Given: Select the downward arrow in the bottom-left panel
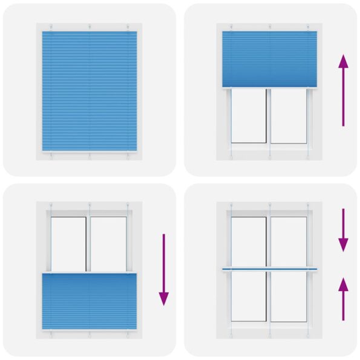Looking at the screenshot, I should pyautogui.click(x=163, y=269).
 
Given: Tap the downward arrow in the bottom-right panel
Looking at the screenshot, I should pyautogui.click(x=343, y=229).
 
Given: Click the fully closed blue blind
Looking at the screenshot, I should pyautogui.click(x=90, y=91).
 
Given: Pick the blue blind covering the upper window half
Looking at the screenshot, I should pyautogui.click(x=270, y=59).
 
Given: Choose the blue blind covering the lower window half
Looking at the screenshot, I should pyautogui.click(x=90, y=301).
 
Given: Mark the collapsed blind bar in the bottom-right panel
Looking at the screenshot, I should pyautogui.click(x=270, y=268).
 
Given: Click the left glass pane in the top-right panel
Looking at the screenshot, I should pyautogui.click(x=249, y=116).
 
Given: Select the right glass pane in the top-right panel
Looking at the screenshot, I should pyautogui.click(x=289, y=116).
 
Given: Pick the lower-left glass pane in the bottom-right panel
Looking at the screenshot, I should pyautogui.click(x=249, y=296).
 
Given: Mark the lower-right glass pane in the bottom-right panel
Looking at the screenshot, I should pyautogui.click(x=289, y=296).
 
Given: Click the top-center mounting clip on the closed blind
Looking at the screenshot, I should pyautogui.click(x=90, y=27).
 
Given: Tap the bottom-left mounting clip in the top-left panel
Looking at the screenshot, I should pyautogui.click(x=52, y=155).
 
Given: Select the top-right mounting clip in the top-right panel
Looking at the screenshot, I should pyautogui.click(x=308, y=27).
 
